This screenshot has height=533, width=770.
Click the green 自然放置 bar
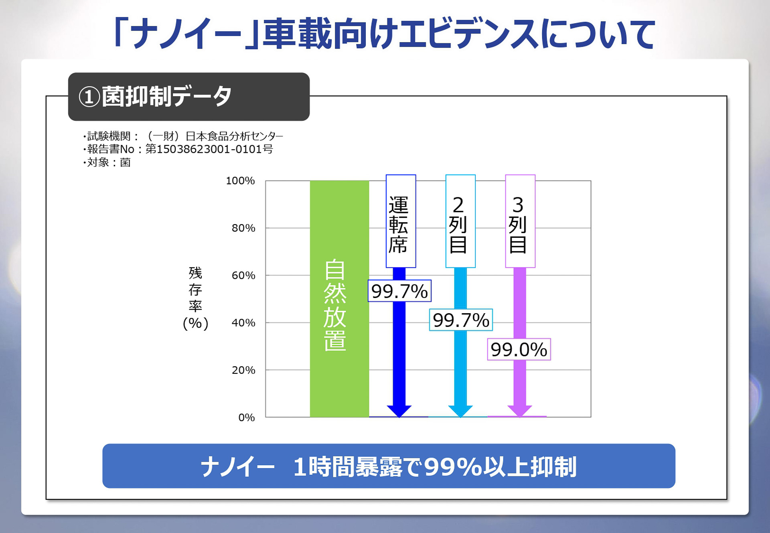339,299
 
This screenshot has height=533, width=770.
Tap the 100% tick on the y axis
240,181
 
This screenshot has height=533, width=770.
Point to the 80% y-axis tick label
243,228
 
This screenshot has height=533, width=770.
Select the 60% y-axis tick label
243,276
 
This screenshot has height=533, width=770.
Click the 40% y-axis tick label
243,323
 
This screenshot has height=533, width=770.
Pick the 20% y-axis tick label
243,370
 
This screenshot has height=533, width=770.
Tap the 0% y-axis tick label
246,417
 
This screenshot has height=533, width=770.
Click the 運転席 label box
401,221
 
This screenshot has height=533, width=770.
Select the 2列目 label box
460,221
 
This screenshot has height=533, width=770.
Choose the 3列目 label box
520,221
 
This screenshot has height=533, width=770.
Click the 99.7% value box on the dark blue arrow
399,291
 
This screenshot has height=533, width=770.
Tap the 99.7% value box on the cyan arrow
461,320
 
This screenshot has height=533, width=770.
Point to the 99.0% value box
519,349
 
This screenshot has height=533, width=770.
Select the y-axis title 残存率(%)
195,298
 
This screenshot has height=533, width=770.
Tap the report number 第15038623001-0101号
209,149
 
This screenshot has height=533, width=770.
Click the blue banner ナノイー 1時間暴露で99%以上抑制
389,466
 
